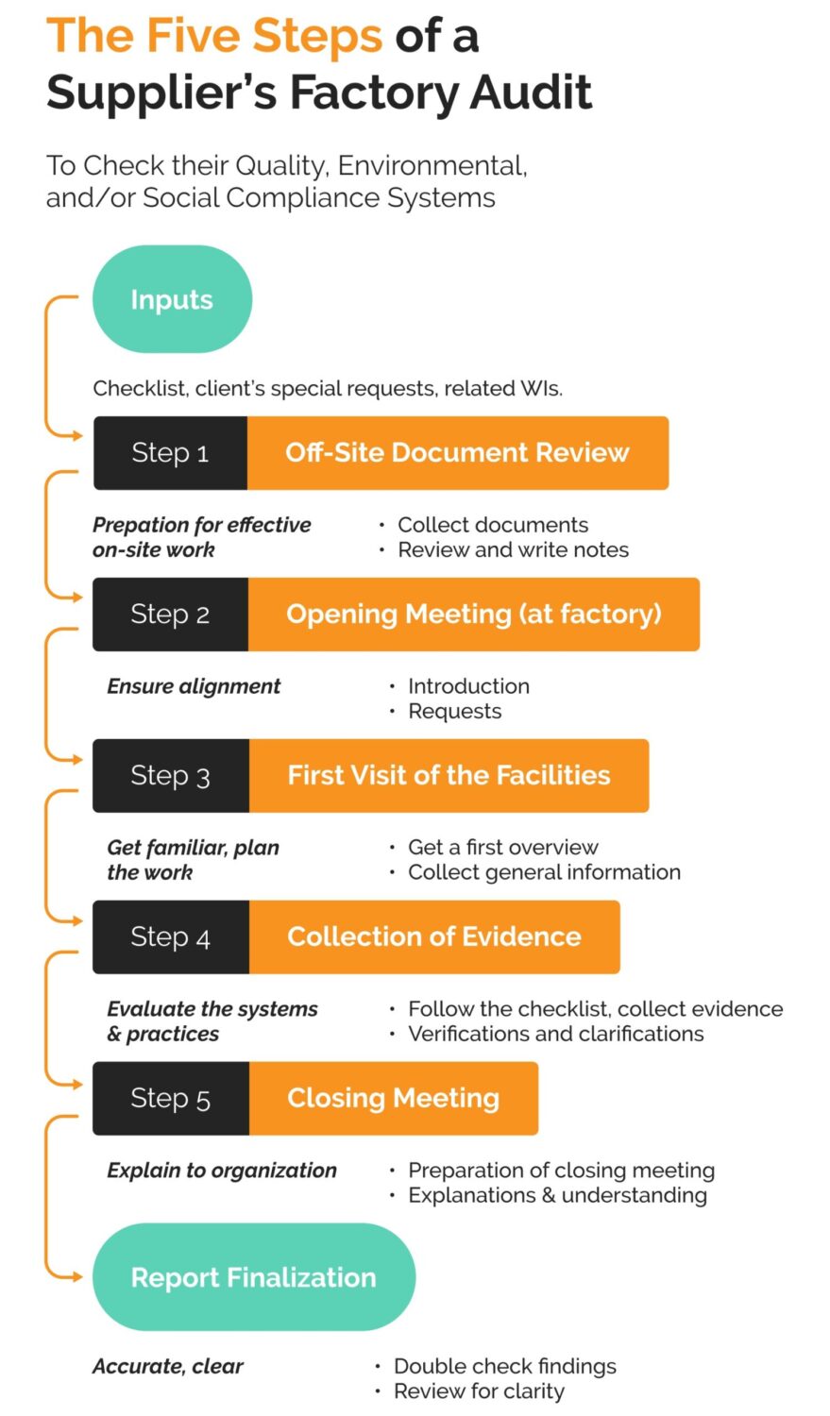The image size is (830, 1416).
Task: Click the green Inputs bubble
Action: pos(172,299)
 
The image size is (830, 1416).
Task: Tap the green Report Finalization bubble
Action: pos(253,1277)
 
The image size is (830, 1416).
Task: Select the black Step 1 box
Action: pos(170,453)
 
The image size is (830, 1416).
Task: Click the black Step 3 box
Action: pos(170,776)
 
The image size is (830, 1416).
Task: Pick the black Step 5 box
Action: pos(170,1099)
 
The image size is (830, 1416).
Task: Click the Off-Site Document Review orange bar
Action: pos(457,453)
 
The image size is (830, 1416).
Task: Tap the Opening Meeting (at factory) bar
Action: pos(473,615)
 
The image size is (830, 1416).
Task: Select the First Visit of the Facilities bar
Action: pos(449,776)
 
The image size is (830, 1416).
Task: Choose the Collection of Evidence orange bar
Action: pos(433,937)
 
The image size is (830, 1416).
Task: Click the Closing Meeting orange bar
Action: pos(393,1099)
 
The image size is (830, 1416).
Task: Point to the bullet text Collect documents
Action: pos(492,525)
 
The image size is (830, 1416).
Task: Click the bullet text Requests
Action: pos(454,712)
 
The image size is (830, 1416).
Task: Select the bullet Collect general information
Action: pos(543,872)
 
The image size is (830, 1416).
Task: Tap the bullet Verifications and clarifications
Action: pos(555,1034)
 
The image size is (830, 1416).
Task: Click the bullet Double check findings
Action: pos(504,1366)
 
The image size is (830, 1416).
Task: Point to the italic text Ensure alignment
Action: pos(194,686)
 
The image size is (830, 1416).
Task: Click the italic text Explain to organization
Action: pos(221,1171)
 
